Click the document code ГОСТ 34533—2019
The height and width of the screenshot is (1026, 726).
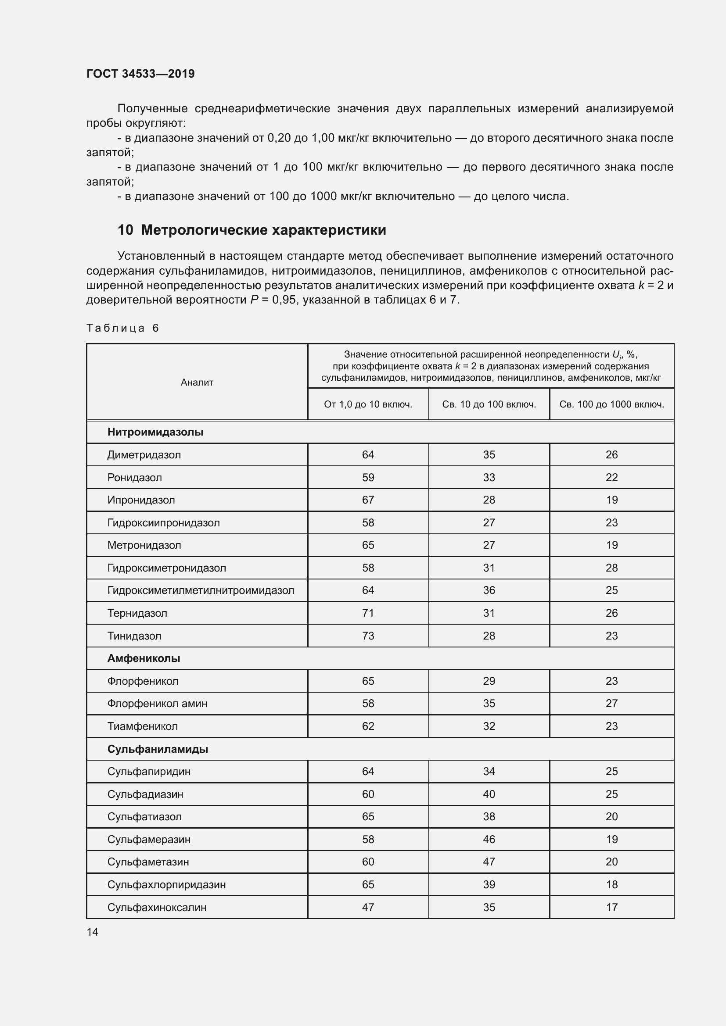point(140,74)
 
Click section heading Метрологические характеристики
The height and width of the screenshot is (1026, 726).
point(263,230)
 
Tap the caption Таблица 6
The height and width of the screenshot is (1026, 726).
point(122,328)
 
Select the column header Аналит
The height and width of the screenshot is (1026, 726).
point(197,382)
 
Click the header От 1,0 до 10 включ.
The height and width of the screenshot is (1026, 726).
point(368,404)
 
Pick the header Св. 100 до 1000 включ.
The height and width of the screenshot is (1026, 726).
point(611,404)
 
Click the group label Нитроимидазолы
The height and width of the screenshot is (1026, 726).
point(155,432)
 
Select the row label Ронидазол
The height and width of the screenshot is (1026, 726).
point(135,477)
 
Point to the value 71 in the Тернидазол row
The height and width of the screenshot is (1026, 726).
point(368,613)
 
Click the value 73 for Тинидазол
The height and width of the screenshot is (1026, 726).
point(368,636)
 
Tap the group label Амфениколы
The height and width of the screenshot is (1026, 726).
point(144,658)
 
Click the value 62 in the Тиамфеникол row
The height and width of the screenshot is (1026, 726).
point(368,726)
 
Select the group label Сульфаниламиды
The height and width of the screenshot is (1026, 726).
point(158,749)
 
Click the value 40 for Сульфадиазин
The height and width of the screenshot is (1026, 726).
point(489,794)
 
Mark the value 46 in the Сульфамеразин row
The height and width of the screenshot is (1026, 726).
point(489,839)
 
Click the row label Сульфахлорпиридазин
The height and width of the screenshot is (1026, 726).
point(166,884)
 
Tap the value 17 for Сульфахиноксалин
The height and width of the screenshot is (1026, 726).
point(611,907)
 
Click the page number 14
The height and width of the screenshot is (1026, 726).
point(92,932)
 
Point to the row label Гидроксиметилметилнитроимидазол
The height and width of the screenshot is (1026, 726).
point(201,590)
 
